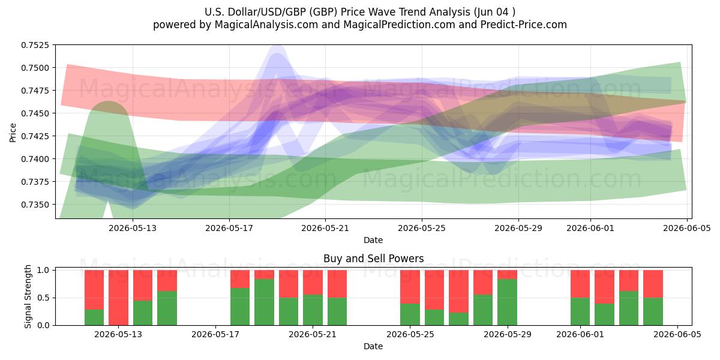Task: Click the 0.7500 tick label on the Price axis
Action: [35, 68]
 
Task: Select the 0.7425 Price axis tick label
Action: [35, 136]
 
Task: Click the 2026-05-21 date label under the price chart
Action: [325, 228]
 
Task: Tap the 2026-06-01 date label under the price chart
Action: [590, 228]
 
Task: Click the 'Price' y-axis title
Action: [13, 133]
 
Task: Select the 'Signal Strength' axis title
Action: [28, 296]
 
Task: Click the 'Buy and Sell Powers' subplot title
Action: [373, 259]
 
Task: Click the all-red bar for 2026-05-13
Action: [118, 298]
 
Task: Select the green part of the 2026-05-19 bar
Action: [264, 302]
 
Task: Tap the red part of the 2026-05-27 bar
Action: [458, 291]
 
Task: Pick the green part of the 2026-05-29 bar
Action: [507, 302]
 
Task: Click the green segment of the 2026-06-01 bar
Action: [580, 311]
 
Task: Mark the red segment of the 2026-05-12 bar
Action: [94, 290]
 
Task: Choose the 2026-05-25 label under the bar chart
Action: [410, 334]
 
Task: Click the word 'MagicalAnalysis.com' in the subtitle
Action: [266, 25]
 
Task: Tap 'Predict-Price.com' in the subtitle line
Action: [524, 25]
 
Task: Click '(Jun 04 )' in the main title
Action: [494, 12]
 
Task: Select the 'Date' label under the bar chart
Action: [373, 346]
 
